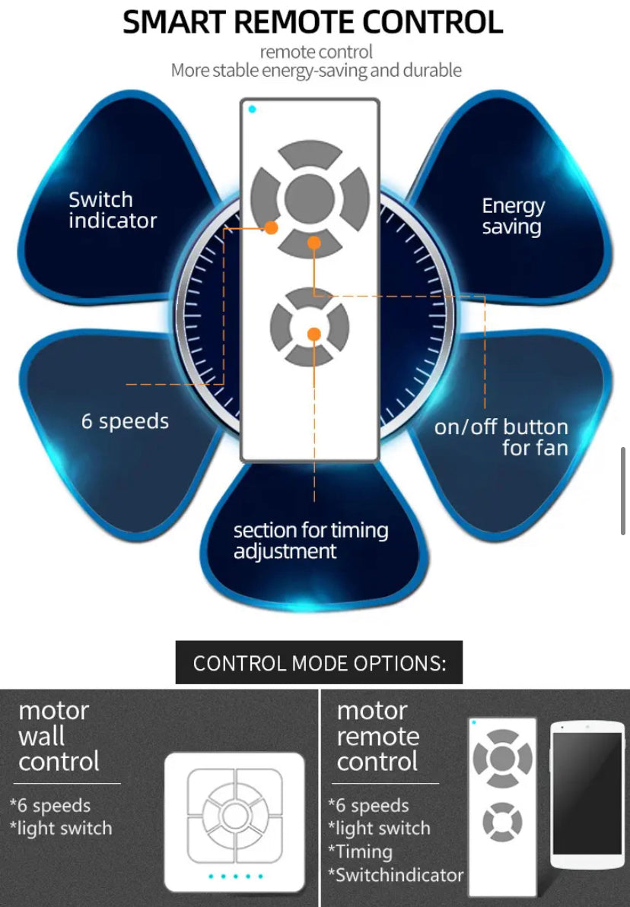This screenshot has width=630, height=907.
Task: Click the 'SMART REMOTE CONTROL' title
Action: click(x=313, y=22)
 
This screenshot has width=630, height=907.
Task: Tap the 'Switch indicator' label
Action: click(x=113, y=211)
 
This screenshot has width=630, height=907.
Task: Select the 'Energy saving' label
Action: click(x=513, y=217)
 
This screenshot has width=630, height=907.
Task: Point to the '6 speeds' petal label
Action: click(x=125, y=421)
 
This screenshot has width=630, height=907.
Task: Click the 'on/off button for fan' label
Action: click(x=501, y=437)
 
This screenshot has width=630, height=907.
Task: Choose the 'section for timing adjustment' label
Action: click(x=310, y=541)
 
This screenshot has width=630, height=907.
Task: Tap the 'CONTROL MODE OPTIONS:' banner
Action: click(x=319, y=663)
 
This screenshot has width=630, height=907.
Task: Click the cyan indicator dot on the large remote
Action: click(x=252, y=109)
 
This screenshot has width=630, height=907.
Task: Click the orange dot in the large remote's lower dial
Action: click(x=313, y=333)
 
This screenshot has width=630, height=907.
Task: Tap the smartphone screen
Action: click(x=586, y=792)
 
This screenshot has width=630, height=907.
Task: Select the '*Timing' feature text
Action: click(x=360, y=852)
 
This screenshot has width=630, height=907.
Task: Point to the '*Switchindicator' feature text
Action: click(x=396, y=875)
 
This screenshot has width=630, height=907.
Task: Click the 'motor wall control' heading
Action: click(x=59, y=736)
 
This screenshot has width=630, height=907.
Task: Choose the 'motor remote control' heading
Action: click(x=377, y=736)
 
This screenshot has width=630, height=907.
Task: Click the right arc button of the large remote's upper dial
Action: click(x=355, y=198)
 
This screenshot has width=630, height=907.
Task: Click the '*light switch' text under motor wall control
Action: click(x=61, y=829)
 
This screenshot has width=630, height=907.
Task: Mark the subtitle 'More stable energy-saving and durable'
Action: click(x=316, y=71)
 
